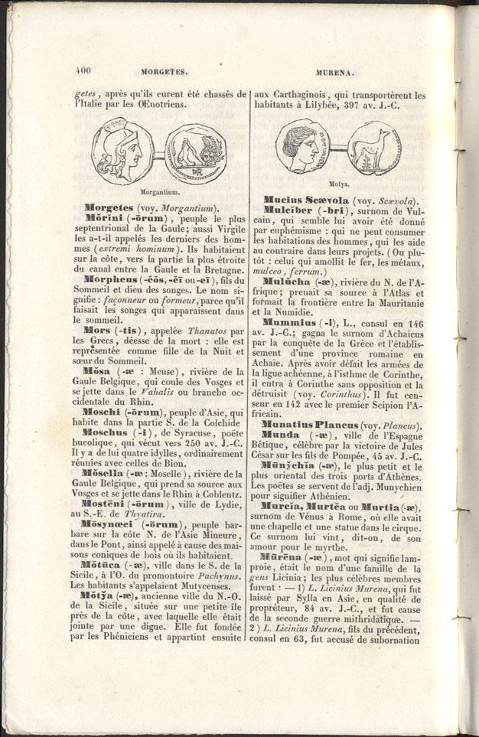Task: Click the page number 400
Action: click(x=83, y=71)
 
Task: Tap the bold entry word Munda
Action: click(x=280, y=434)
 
